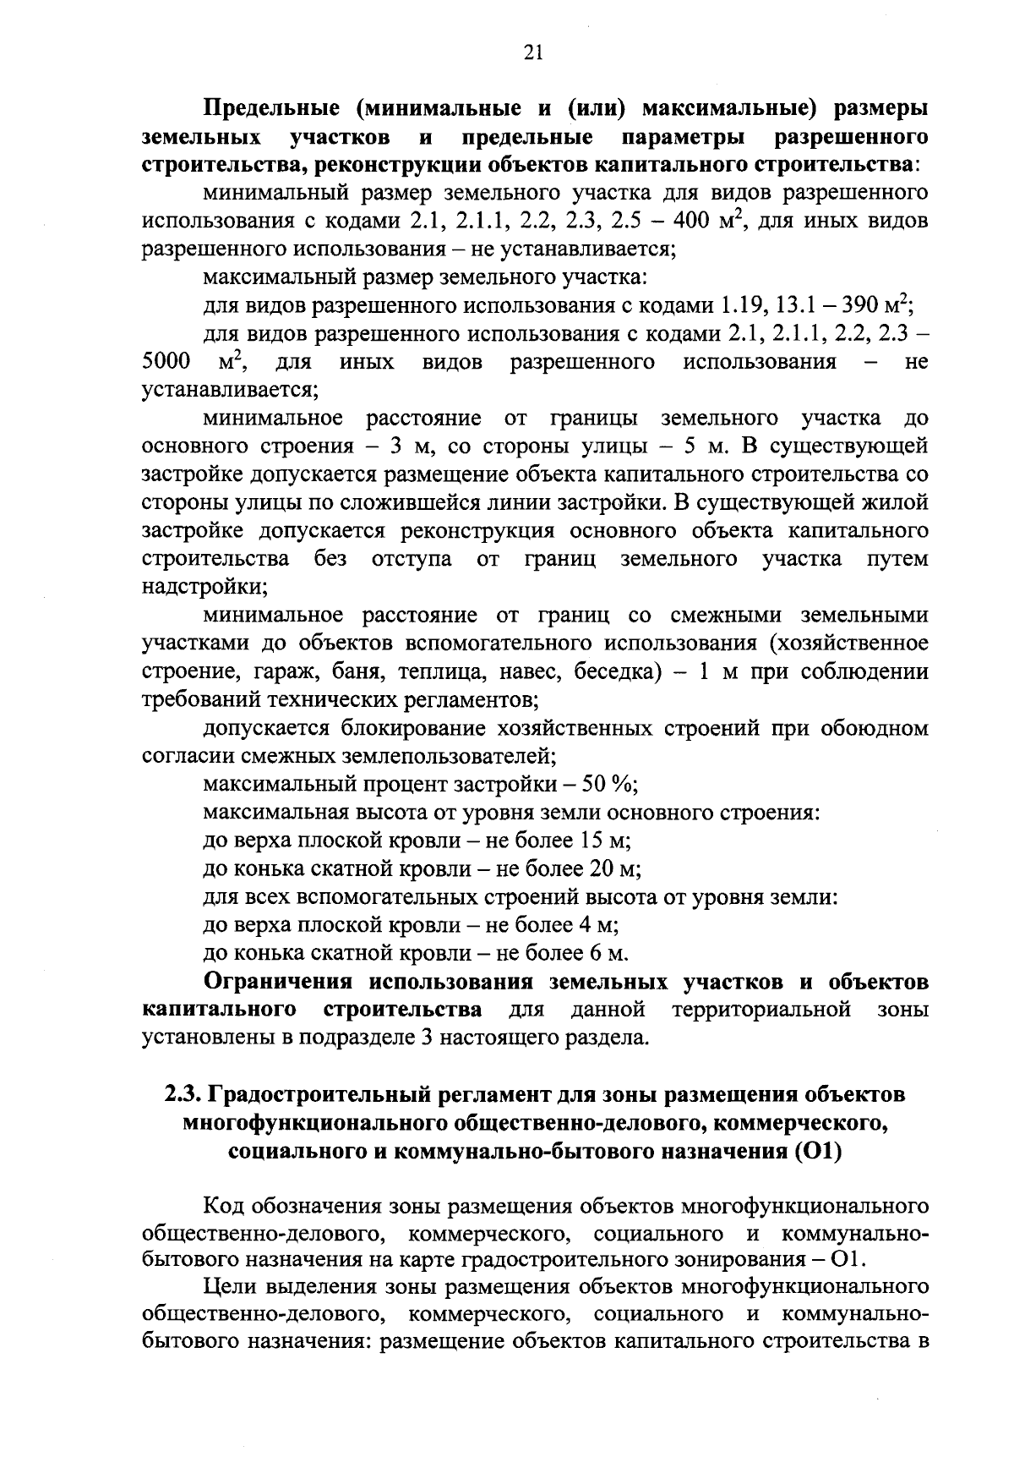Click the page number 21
[532, 53]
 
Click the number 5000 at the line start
[166, 363]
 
